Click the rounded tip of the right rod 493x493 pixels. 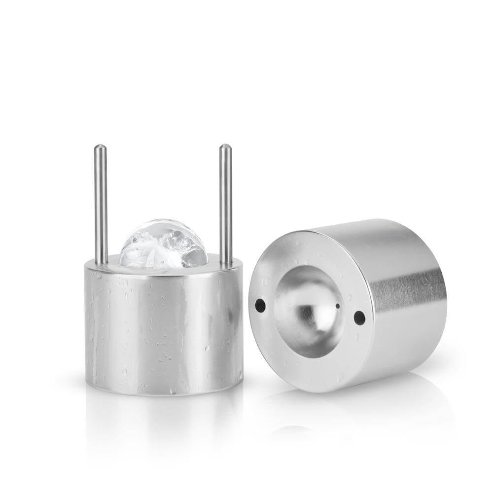click(x=225, y=147)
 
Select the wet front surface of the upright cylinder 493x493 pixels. click(x=158, y=325)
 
